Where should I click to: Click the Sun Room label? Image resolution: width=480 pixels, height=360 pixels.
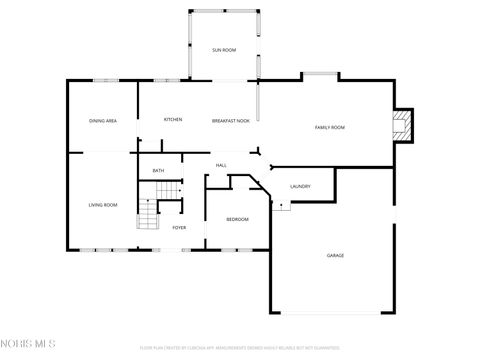pos(223,50)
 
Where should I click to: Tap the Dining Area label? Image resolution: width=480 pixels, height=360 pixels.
pos(103,121)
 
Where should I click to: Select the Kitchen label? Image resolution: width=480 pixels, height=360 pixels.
pos(173,120)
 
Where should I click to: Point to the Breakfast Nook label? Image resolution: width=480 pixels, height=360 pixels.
pos(230,121)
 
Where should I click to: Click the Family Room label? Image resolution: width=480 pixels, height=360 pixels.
pos(329,127)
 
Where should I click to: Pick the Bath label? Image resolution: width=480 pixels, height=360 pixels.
pos(158,171)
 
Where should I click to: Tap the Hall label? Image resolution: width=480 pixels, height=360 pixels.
pos(221,165)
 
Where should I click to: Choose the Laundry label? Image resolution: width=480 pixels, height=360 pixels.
pos(300,187)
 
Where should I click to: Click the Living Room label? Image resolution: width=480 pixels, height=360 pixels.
pos(103,205)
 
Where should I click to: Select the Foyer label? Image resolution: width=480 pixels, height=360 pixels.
pos(179,228)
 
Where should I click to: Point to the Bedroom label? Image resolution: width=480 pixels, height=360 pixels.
pos(237,219)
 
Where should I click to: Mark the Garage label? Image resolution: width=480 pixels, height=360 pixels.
pos(335,255)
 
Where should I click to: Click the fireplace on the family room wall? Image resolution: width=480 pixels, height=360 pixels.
pos(402,124)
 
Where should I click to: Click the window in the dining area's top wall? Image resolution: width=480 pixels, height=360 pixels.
pos(106,80)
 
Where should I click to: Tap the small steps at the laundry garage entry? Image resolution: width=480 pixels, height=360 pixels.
pos(283,206)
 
